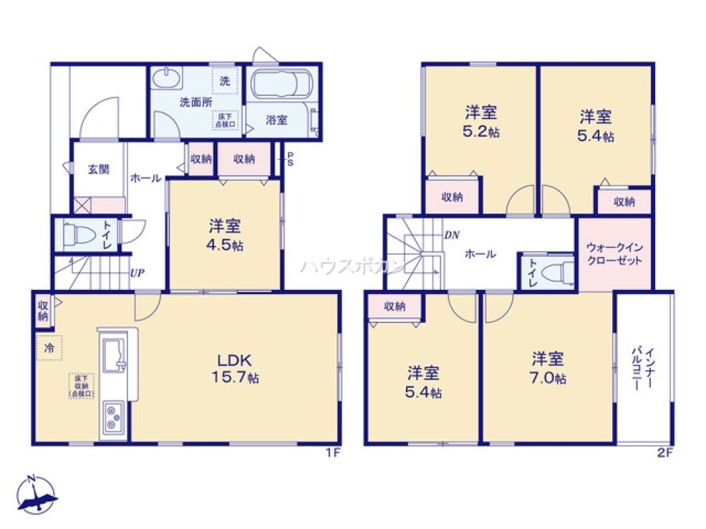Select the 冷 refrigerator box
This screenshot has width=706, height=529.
point(49,348)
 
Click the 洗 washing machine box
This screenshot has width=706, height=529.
point(225,80)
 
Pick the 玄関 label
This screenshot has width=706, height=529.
point(98,169)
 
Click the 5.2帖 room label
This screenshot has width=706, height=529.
point(481,122)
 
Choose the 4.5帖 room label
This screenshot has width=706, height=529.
point(225,236)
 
